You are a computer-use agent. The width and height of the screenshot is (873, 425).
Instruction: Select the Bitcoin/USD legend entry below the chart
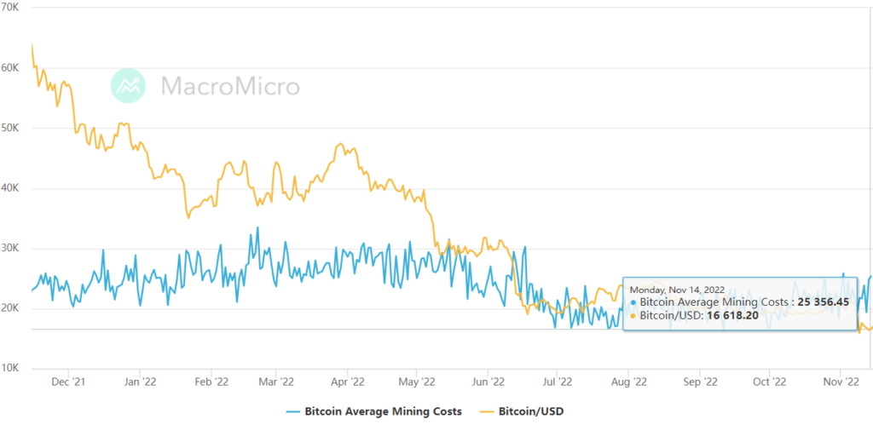529,411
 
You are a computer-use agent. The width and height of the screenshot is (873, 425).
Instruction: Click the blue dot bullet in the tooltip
633,302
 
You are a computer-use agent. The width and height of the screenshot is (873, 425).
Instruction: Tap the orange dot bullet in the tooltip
633,316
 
